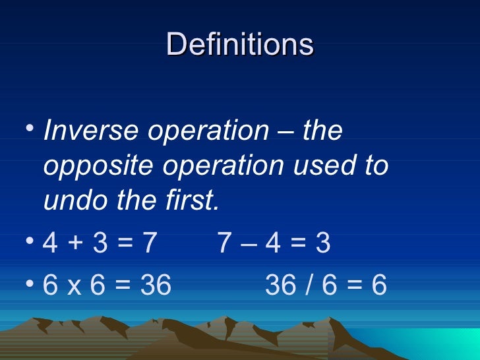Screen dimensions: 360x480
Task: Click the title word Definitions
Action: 240,45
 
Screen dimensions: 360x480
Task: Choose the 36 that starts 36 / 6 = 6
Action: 281,285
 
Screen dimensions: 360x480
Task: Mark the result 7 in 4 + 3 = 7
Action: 149,245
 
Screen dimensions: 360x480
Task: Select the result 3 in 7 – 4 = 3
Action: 323,245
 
